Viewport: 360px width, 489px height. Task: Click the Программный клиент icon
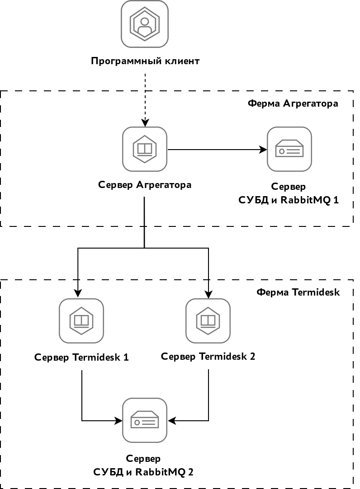tap(145, 23)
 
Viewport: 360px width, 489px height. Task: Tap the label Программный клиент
tap(145, 61)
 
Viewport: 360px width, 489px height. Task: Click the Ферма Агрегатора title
tap(293, 103)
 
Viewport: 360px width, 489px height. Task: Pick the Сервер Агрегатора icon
tap(145, 149)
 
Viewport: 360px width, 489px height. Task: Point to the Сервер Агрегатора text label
tap(145, 185)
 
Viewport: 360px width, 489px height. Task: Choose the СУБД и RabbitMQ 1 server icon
tap(289, 149)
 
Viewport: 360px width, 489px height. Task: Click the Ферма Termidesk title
tap(298, 292)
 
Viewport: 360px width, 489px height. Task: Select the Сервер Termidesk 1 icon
tap(81, 321)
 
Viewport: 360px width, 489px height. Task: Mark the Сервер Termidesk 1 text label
tap(81, 357)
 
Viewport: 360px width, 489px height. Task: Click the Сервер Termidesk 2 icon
tap(208, 321)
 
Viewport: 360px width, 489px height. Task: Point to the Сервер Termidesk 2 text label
tap(208, 357)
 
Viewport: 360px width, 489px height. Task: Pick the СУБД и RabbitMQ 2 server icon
tap(145, 420)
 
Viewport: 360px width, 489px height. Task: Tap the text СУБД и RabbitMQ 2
tap(143, 472)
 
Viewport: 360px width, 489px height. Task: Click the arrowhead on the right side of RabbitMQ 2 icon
tap(171, 421)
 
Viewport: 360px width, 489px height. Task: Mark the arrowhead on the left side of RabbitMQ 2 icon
tap(118, 421)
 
